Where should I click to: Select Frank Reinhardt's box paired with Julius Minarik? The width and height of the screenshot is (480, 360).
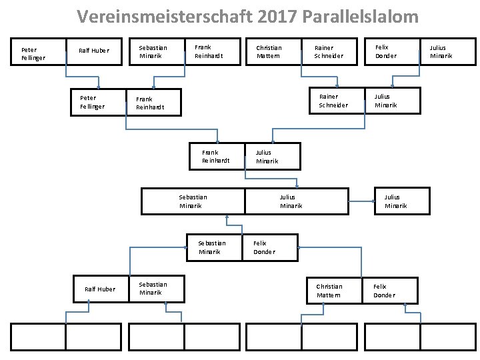coord(217,157)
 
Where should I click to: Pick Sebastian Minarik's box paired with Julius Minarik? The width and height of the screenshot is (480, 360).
coord(193,201)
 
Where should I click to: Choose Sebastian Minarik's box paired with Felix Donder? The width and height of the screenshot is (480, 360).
coord(213,247)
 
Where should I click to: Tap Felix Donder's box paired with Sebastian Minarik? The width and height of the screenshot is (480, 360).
coord(269,247)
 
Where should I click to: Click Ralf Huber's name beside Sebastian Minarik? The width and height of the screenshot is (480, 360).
coord(100,289)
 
